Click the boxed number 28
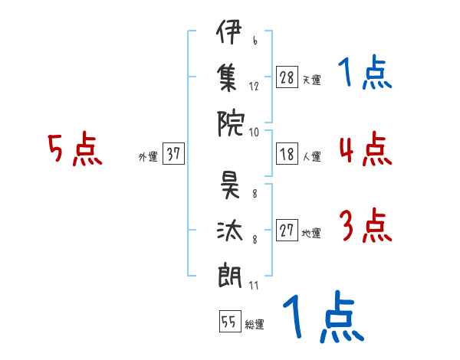287,77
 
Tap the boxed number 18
287,154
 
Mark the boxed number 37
173,154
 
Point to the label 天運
311,80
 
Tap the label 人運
311,156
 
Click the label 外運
147,156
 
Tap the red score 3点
364,227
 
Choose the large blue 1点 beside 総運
322,318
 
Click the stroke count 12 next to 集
254,87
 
